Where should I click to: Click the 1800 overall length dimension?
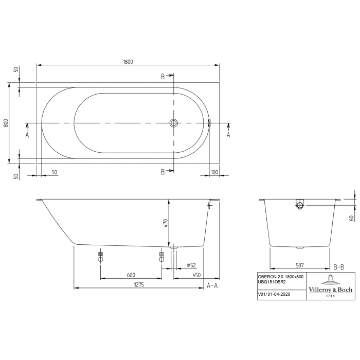coord(128,62)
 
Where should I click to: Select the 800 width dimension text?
coord(6,123)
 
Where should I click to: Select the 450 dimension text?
coord(196,275)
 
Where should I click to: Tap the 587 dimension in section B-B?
coord(300,265)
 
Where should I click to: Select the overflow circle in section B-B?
coord(300,205)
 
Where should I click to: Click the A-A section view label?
coord(212,285)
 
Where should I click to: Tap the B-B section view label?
coord(339,267)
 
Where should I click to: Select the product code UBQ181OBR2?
coord(274,282)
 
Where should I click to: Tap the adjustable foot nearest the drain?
coord(161,256)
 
